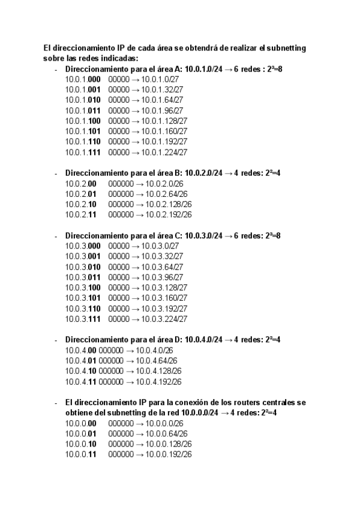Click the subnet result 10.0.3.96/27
point(163,277)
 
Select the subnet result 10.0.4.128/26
point(158,371)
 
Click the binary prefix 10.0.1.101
point(82,131)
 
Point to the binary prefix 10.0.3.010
point(82,267)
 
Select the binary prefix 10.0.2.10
point(80,204)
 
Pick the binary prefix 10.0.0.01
point(80,433)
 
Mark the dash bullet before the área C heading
point(56,236)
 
